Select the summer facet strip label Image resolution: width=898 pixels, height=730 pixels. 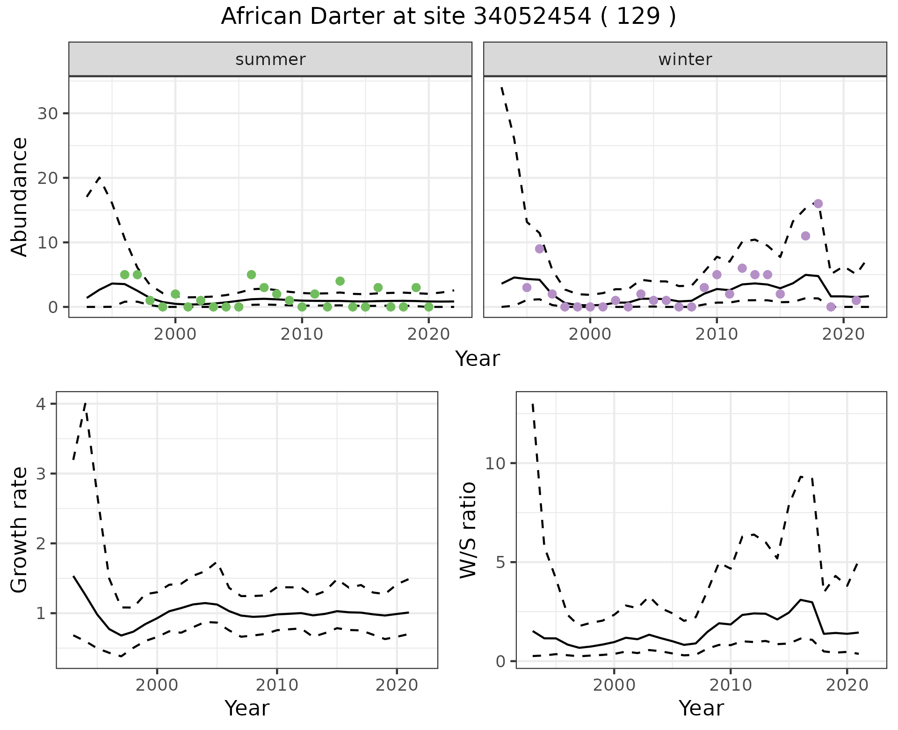click(x=270, y=59)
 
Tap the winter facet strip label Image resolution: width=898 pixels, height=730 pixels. click(x=685, y=59)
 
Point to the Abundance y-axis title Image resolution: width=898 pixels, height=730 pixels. click(x=20, y=197)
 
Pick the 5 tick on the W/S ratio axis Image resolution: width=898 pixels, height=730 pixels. click(x=500, y=562)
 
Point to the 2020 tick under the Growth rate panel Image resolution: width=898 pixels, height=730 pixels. click(x=397, y=686)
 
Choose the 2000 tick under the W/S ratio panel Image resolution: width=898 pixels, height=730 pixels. click(x=614, y=686)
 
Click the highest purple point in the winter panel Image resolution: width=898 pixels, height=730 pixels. click(x=818, y=204)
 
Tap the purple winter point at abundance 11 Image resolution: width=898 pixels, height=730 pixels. click(x=805, y=236)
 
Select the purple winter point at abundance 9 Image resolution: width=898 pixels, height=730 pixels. click(x=539, y=248)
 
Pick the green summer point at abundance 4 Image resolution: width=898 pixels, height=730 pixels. click(x=340, y=281)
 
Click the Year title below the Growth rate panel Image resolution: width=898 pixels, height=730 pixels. click(x=247, y=708)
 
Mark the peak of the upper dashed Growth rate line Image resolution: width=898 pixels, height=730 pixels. click(x=85, y=403)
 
